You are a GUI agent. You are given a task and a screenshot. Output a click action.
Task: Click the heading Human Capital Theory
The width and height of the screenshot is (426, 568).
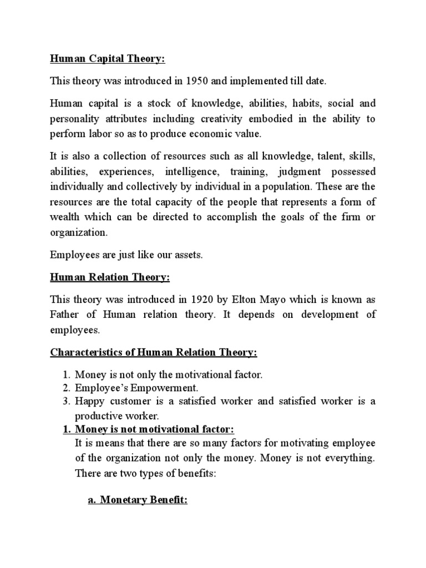pyautogui.click(x=108, y=59)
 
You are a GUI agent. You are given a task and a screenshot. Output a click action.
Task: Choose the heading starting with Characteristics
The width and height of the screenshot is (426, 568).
pyautogui.click(x=153, y=352)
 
